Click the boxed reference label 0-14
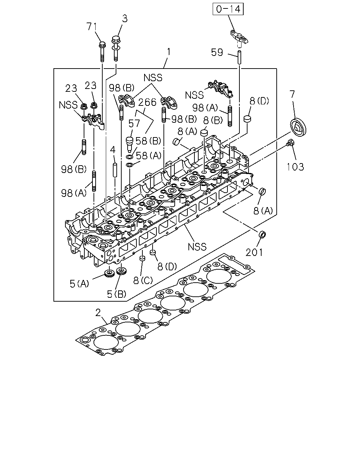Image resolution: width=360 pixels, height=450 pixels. [x=228, y=9]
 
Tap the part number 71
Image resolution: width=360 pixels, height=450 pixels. [x=92, y=27]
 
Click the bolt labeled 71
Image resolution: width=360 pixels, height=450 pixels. [x=102, y=52]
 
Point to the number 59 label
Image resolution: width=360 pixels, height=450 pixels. [x=217, y=52]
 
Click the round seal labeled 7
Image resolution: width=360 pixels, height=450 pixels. [x=298, y=128]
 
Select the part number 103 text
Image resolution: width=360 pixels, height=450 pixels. [x=295, y=167]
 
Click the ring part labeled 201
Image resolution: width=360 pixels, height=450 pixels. [x=262, y=234]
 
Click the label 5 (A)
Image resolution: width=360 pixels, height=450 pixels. [x=79, y=284]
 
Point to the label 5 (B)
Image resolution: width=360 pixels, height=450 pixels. [x=116, y=294]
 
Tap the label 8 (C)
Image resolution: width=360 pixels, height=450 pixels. [x=143, y=281]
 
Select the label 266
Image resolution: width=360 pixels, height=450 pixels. [x=147, y=102]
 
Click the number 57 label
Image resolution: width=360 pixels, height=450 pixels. [x=134, y=123]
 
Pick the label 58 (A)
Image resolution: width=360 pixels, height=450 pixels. [x=149, y=156]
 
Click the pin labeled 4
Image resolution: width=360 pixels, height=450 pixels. [x=115, y=170]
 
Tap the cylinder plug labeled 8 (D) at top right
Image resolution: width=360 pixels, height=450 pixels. [x=247, y=118]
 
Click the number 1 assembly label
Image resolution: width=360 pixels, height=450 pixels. [x=169, y=52]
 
